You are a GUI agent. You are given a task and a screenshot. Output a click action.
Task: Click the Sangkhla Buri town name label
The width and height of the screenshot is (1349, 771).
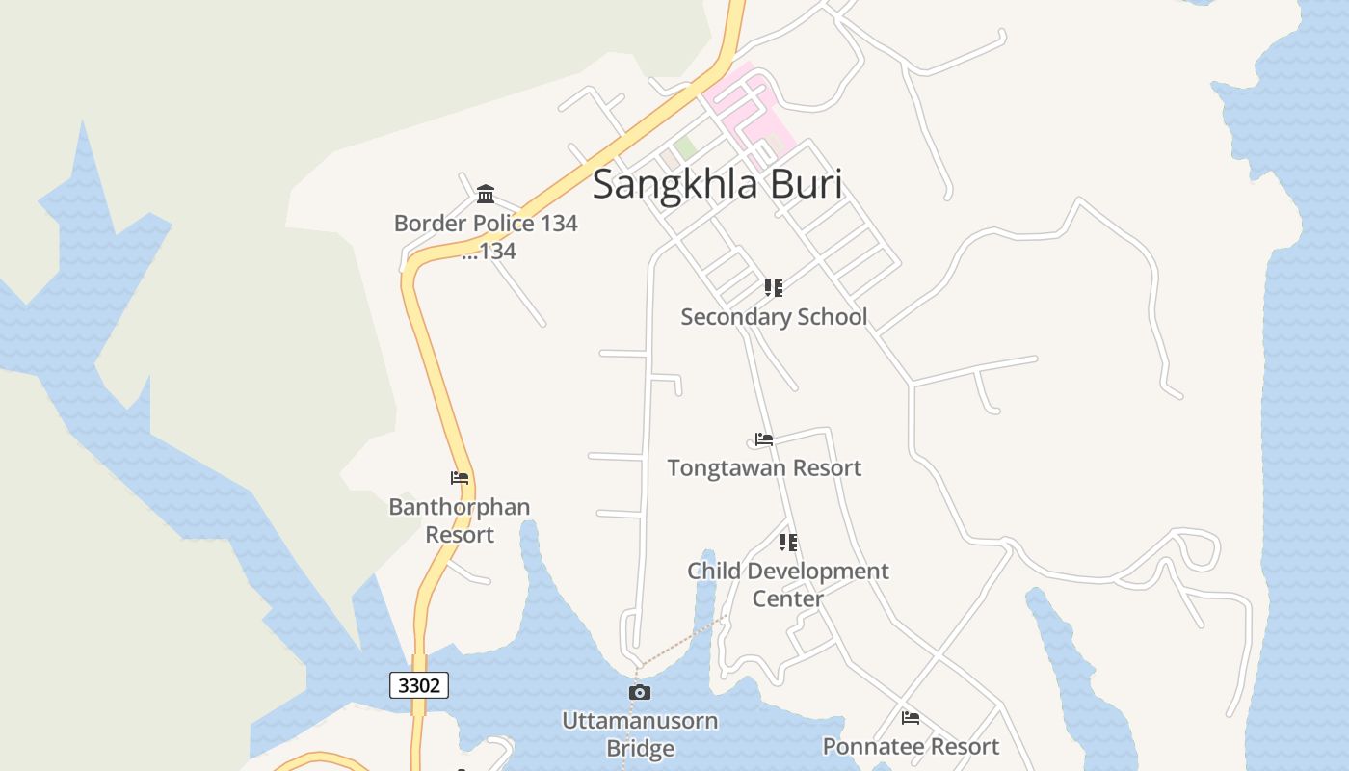[717, 184]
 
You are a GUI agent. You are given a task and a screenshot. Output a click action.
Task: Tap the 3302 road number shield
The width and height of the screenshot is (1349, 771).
[419, 685]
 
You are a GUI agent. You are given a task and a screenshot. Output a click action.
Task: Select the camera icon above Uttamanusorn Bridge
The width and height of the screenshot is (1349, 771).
[639, 692]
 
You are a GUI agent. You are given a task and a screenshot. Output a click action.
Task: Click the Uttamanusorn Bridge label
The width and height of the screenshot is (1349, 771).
[640, 733]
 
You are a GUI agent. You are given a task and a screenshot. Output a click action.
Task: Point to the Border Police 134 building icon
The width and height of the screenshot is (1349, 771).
[486, 195]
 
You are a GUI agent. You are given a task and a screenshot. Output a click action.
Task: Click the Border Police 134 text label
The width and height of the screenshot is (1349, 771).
[486, 224]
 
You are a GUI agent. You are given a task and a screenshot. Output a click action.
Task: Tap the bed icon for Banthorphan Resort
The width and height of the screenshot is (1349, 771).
[460, 478]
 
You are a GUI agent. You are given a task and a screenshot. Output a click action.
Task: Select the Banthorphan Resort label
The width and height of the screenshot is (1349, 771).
[460, 520]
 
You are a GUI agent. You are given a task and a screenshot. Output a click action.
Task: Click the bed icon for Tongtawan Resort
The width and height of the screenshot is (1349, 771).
[764, 439]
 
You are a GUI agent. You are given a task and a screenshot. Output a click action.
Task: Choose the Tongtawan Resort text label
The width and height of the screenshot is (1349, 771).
[764, 468]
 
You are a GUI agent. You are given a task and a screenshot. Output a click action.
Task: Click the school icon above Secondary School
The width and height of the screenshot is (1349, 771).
[773, 288]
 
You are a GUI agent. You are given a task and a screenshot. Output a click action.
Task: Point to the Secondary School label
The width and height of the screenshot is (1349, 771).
[774, 317]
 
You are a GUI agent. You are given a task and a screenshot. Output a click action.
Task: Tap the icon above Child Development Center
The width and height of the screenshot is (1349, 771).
[788, 543]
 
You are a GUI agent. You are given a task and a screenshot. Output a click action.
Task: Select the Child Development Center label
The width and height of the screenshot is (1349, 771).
[788, 584]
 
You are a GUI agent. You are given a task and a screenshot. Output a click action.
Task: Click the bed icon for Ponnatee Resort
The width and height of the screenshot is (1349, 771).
[910, 718]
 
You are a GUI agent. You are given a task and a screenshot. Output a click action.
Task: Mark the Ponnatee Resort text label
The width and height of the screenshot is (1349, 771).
[911, 747]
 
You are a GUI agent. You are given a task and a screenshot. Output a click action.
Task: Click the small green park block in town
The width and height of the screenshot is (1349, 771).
[685, 147]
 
